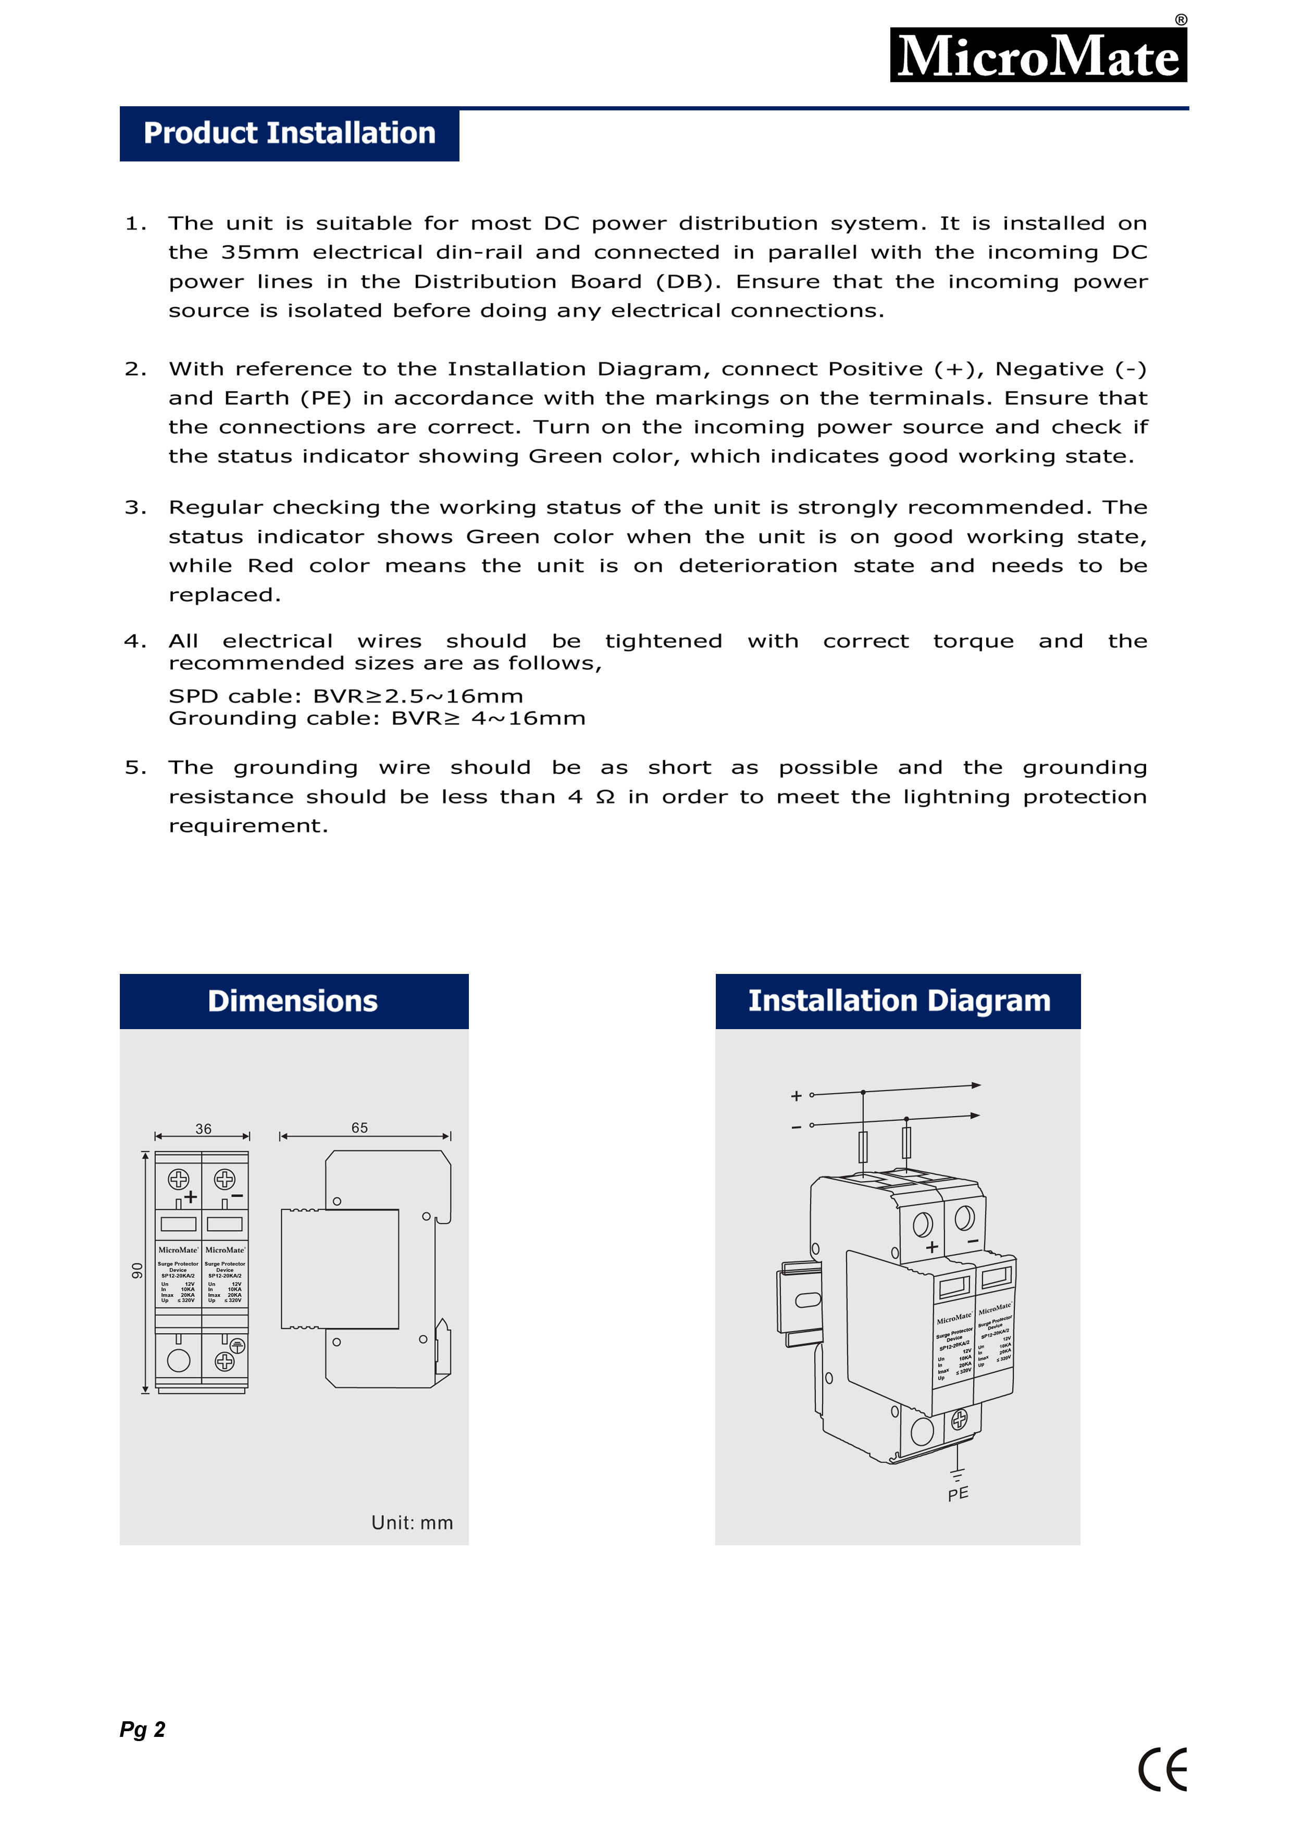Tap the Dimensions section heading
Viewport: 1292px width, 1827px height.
293,1001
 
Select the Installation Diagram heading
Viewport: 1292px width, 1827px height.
899,1001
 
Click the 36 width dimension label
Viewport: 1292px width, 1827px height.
203,1129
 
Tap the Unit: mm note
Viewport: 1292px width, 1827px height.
412,1522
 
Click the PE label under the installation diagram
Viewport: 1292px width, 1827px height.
959,1494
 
